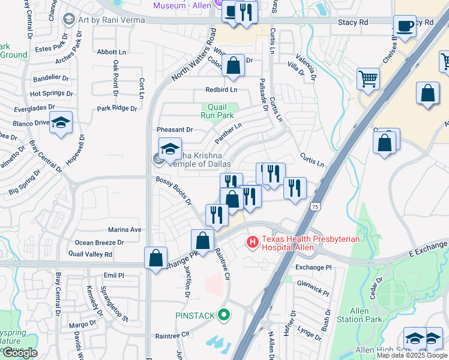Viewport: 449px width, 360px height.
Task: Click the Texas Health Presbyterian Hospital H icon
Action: tap(253, 242)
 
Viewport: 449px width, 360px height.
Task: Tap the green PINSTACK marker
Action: tap(224, 314)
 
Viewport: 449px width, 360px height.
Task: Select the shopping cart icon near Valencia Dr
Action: tap(367, 79)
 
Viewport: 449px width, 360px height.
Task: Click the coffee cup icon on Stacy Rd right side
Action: tap(405, 26)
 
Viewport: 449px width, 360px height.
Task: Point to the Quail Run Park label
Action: tap(217, 110)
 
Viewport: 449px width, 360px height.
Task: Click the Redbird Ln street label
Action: tap(221, 89)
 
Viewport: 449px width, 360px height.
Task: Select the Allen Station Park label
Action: tap(359, 314)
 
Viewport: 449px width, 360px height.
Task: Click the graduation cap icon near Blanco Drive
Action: tap(61, 123)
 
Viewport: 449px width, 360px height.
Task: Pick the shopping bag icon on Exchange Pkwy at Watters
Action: tap(155, 258)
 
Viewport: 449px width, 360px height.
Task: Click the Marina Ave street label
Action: tap(124, 230)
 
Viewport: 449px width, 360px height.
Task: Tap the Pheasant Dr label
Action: tap(175, 130)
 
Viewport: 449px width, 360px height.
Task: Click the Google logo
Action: tap(20, 353)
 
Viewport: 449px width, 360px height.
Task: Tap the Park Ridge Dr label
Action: tap(117, 109)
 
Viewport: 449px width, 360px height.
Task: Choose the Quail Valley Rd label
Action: tap(91, 254)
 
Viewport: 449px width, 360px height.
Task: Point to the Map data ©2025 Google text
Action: tap(412, 355)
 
